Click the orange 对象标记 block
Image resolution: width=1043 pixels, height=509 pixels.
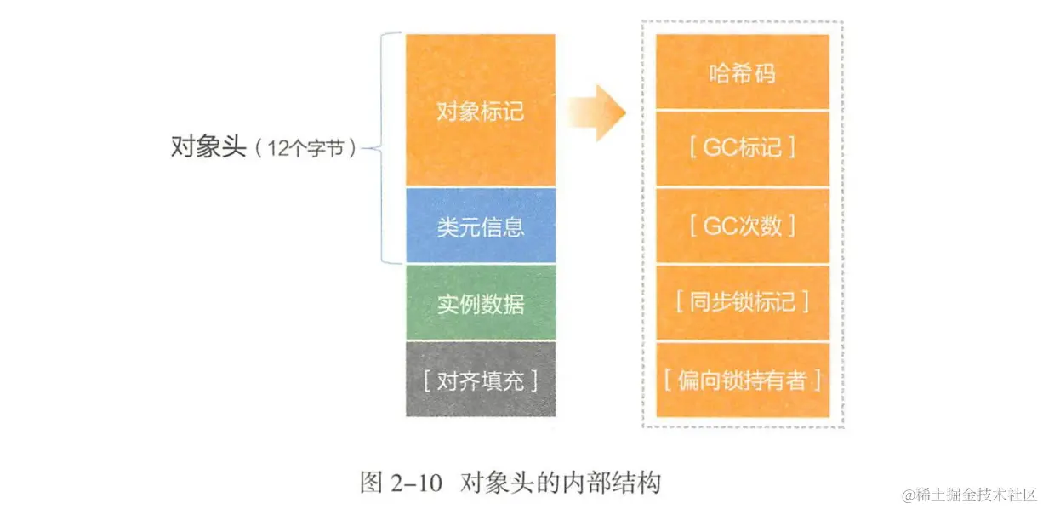pos(480,111)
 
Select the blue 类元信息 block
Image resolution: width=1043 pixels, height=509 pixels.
pos(480,226)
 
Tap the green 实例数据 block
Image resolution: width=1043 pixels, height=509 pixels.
pos(480,303)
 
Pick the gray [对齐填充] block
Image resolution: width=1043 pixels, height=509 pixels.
pos(480,380)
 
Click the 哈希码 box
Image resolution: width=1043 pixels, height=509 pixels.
pos(742,73)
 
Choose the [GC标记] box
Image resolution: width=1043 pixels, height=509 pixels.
pos(742,149)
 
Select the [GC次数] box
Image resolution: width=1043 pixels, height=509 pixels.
pos(742,226)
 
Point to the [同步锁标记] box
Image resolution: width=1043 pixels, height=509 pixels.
pos(742,302)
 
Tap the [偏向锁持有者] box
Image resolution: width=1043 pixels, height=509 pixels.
pos(742,380)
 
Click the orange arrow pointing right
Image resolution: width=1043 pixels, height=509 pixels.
pos(596,112)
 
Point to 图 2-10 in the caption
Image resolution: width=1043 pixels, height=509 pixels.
pos(402,483)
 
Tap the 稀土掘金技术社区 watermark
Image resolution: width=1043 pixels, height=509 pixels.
pos(971,494)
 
